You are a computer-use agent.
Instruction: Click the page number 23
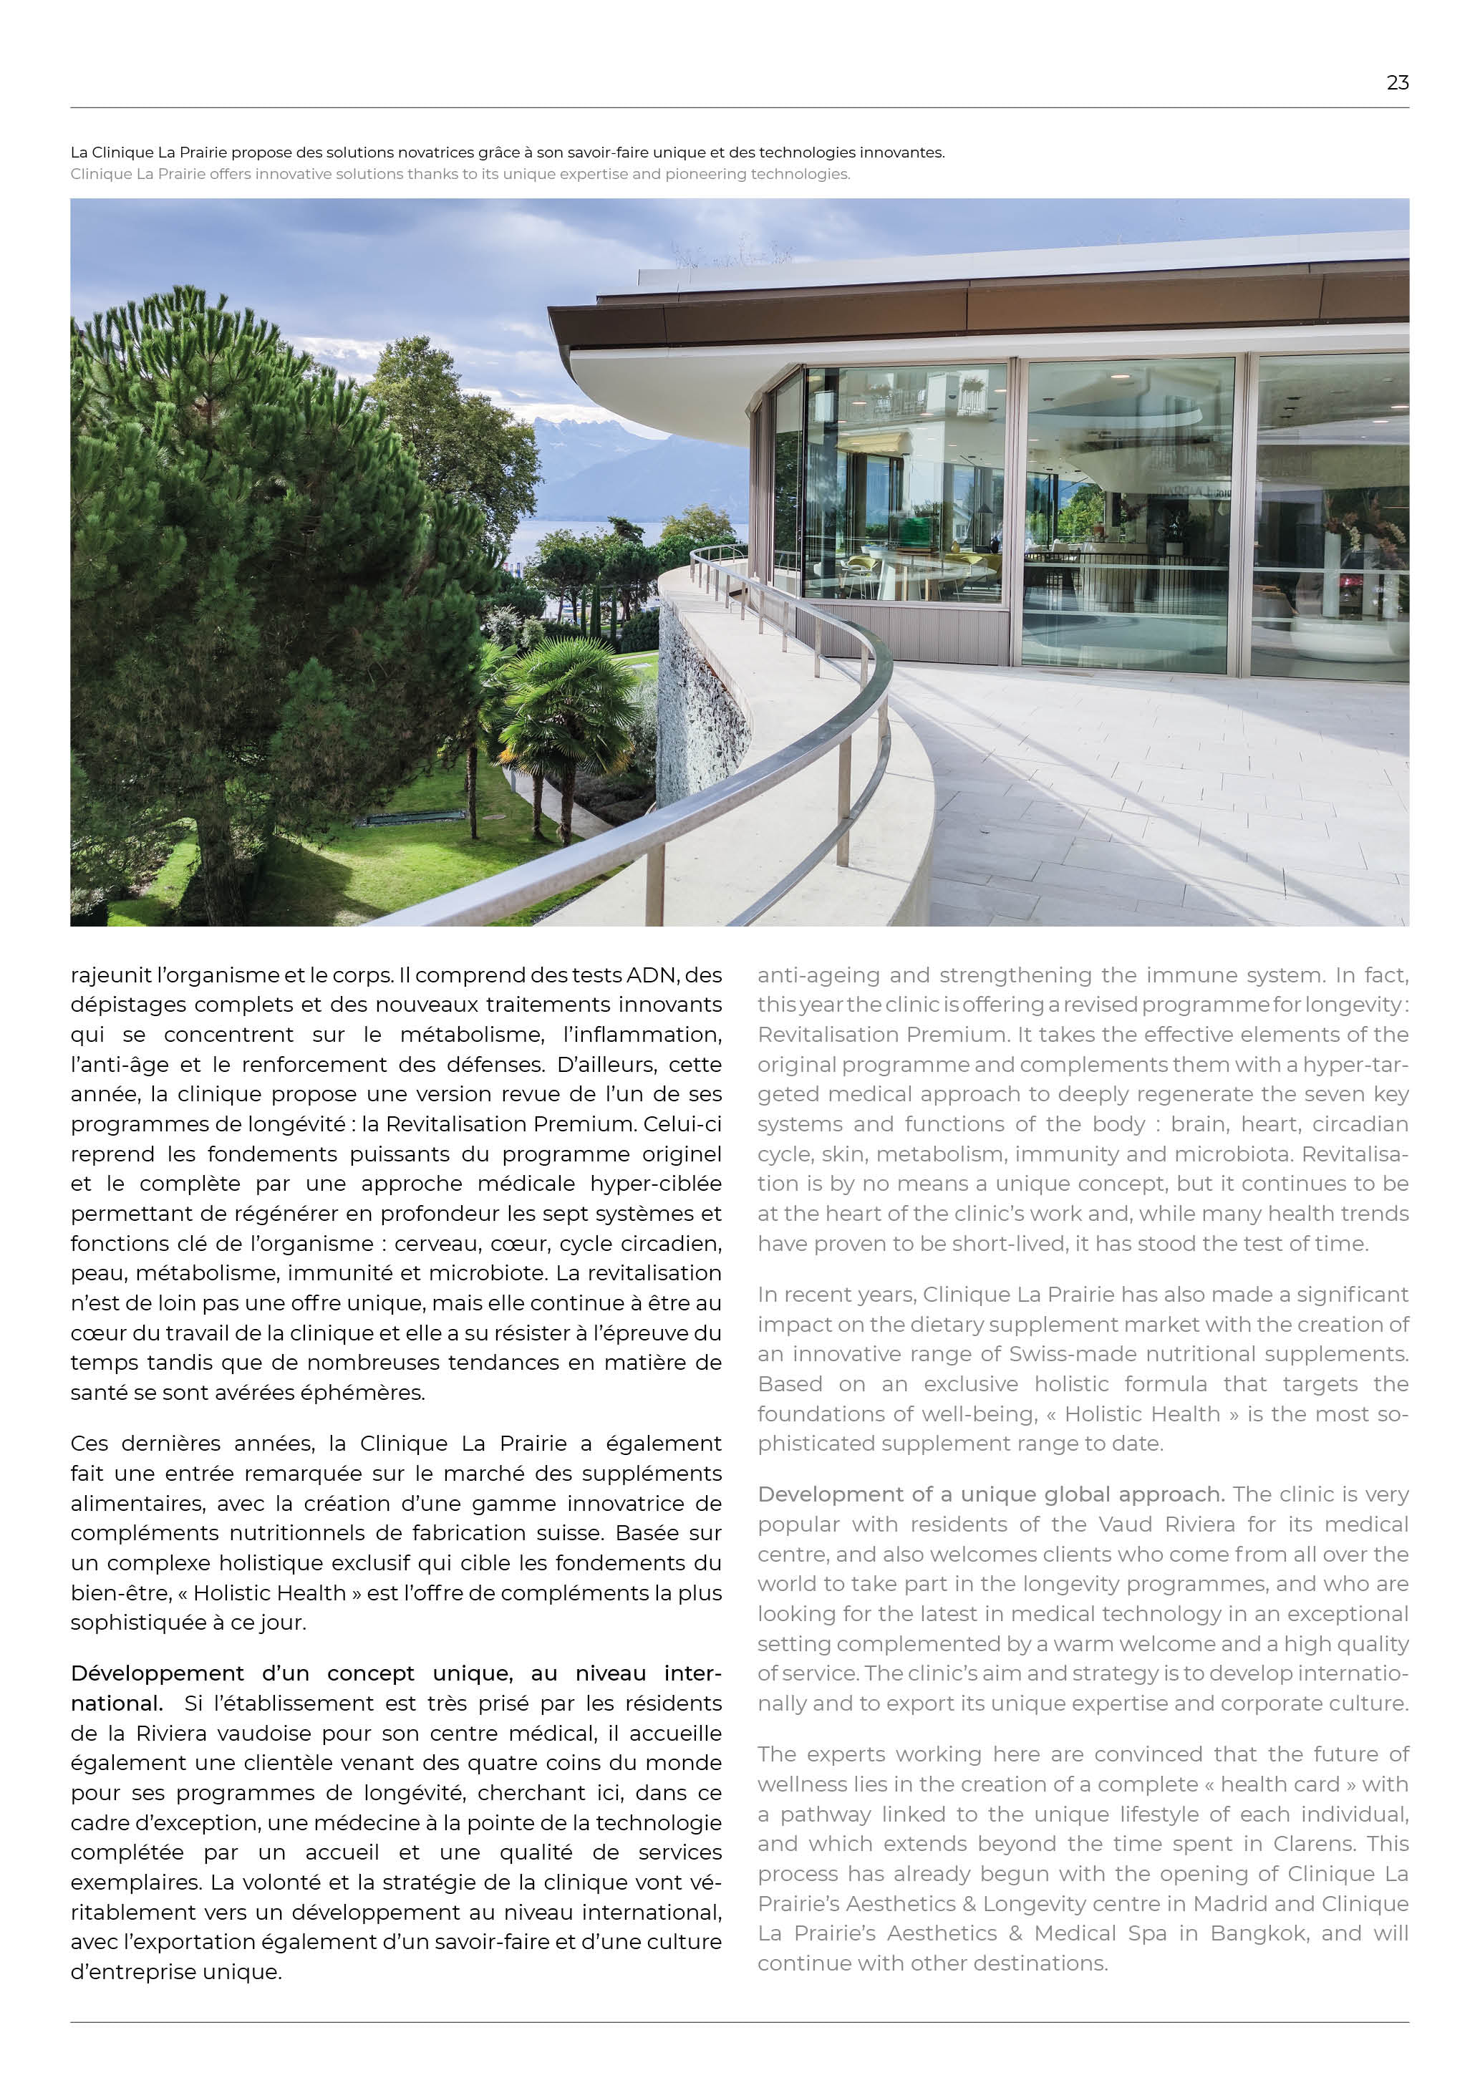coord(1397,83)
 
